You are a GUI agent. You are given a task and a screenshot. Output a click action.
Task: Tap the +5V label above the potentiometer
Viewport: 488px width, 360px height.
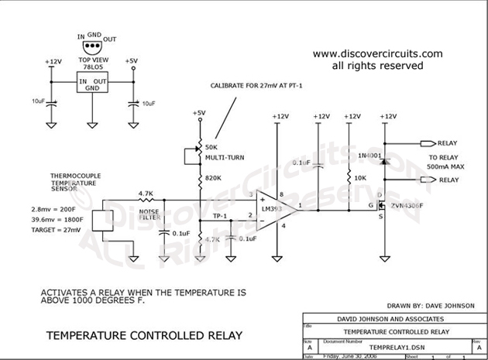200,112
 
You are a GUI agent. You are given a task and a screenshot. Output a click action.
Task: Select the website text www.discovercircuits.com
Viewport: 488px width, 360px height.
377,54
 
